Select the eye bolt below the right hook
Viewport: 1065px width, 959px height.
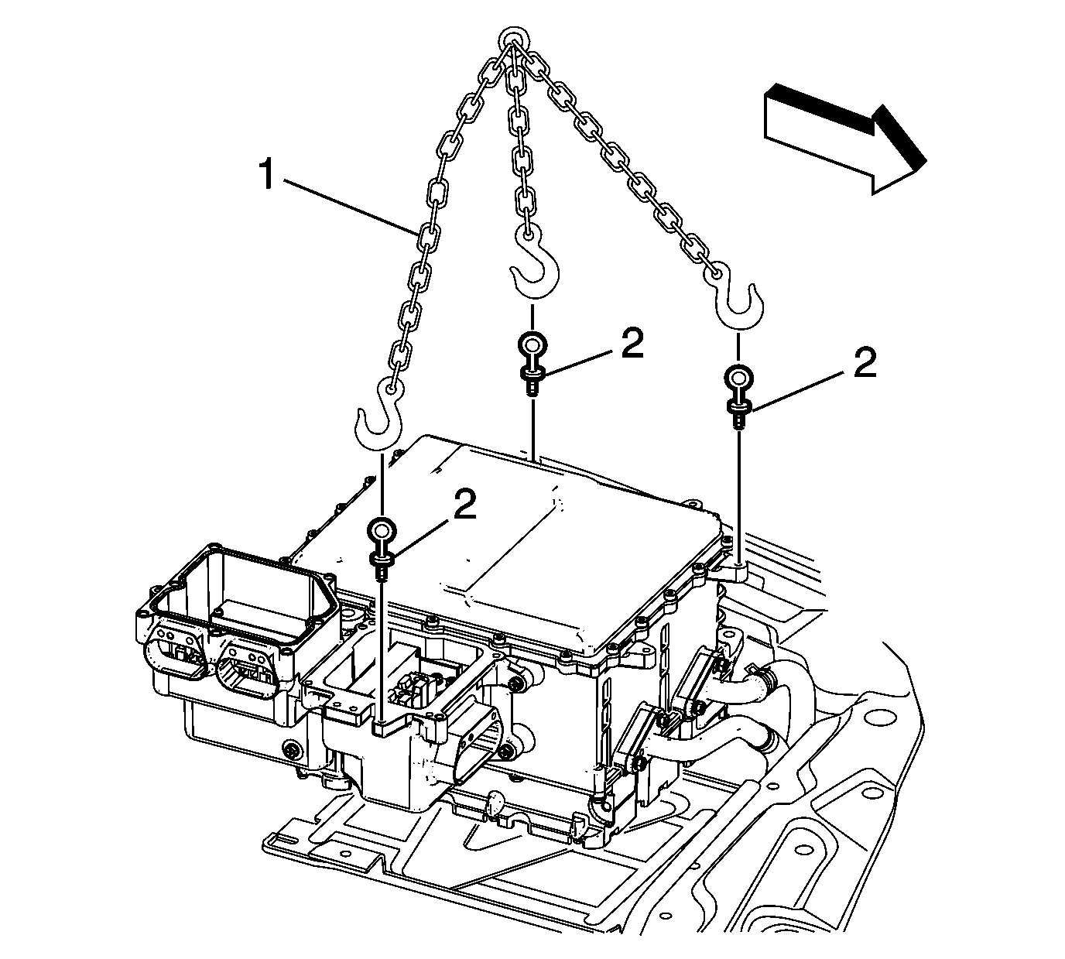(738, 392)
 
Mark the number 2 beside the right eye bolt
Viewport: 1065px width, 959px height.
(865, 362)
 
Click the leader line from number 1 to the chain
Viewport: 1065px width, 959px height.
(348, 204)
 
